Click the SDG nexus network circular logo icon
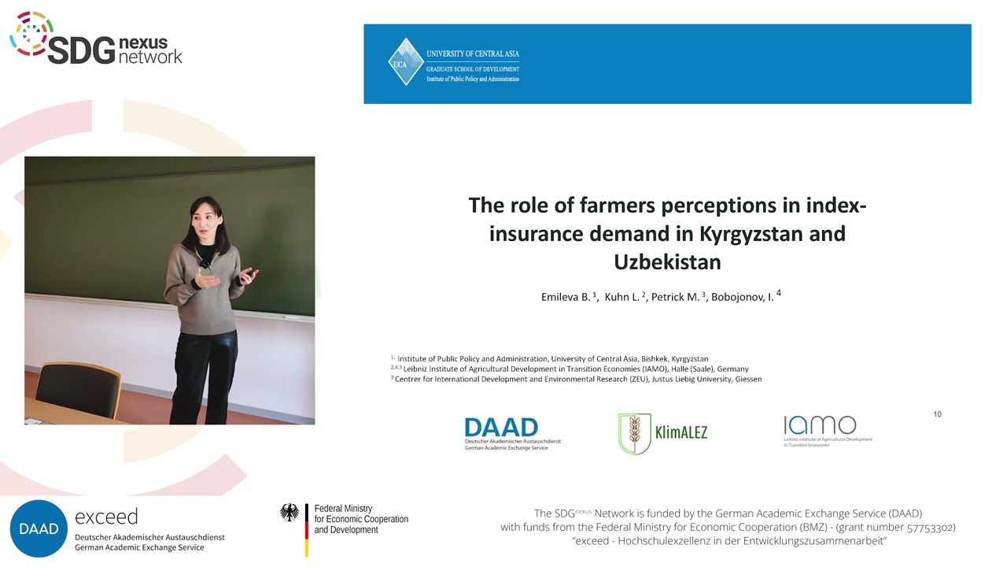31,33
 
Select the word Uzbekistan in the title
667,261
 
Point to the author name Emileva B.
566,297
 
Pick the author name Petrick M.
675,297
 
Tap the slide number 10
937,414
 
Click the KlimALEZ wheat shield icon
634,433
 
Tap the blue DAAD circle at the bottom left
38,528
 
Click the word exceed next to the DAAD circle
106,517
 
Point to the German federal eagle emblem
290,513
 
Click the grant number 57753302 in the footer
924,527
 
